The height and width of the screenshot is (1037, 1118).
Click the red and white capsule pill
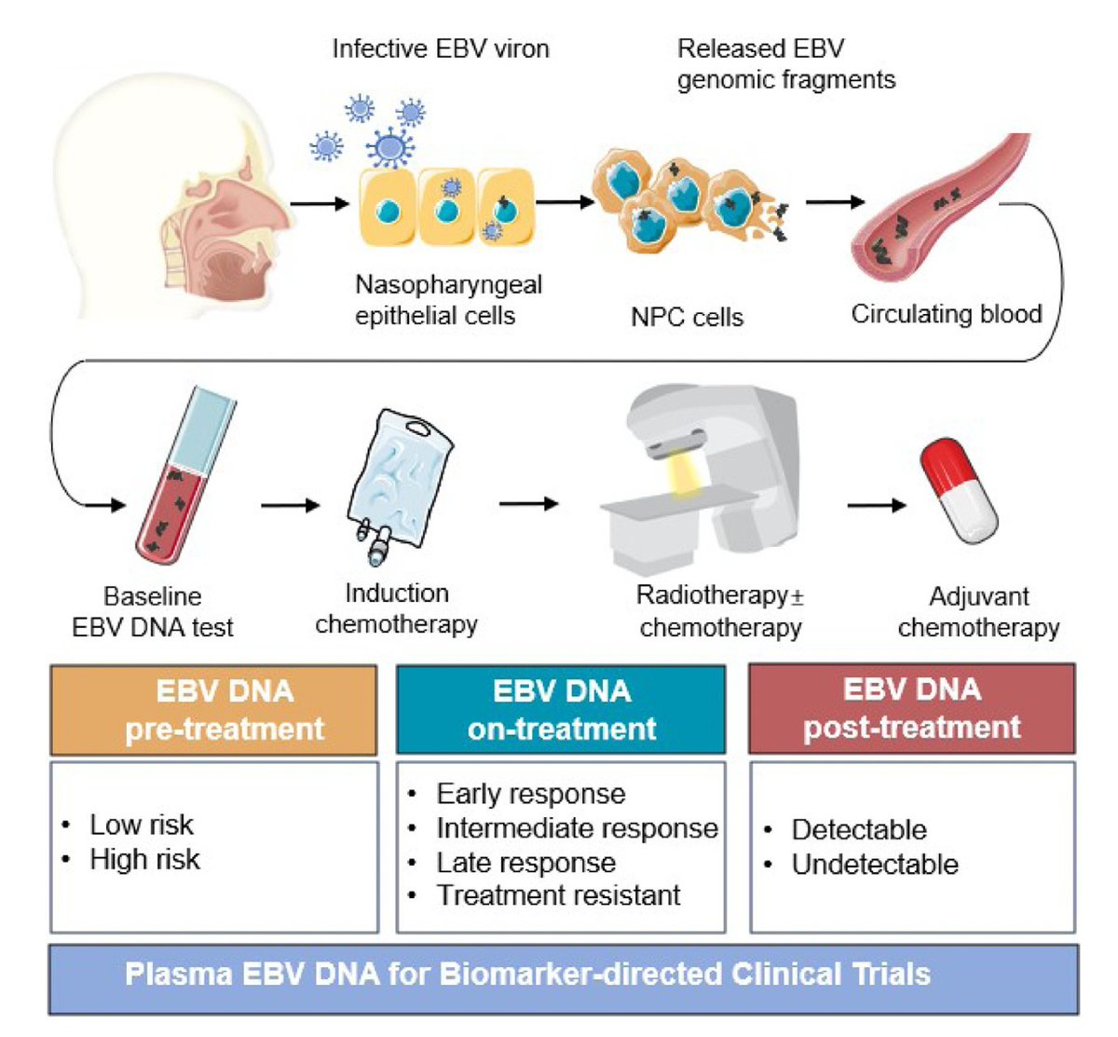[x=958, y=491]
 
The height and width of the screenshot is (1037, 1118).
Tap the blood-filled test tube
[x=185, y=476]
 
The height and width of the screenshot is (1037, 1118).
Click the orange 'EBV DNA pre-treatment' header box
[x=214, y=710]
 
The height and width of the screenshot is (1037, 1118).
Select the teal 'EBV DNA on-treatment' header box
[x=561, y=709]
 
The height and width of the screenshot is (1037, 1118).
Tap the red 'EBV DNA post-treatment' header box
[x=912, y=708]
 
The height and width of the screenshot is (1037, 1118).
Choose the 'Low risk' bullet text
[x=142, y=825]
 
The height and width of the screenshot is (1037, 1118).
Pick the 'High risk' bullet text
[x=144, y=859]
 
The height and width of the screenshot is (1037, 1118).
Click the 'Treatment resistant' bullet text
[x=558, y=894]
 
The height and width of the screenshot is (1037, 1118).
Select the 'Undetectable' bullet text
[x=875, y=865]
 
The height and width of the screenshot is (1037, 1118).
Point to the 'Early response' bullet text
[x=531, y=794]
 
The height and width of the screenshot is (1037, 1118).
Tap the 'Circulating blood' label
[x=947, y=314]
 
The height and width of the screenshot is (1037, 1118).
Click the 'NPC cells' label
[x=687, y=317]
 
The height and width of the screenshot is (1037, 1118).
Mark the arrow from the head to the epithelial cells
[x=320, y=203]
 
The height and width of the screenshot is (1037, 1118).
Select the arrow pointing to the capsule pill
[x=877, y=505]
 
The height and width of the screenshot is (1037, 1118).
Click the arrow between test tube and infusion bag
[x=290, y=505]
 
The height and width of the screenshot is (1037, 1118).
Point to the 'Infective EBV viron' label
[x=441, y=48]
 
